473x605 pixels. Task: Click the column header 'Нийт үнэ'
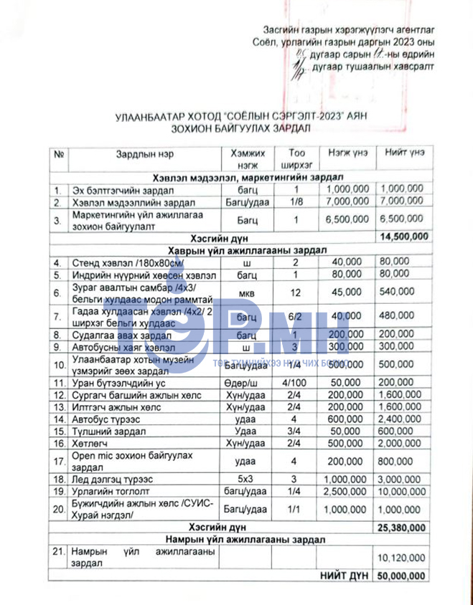click(x=404, y=153)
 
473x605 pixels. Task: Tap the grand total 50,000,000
click(x=404, y=576)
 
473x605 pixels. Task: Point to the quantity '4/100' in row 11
click(x=294, y=382)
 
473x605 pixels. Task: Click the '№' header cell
click(x=59, y=153)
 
